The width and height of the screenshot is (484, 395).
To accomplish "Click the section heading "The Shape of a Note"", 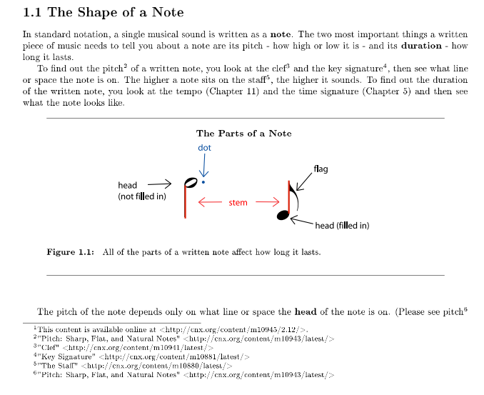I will tap(103, 12).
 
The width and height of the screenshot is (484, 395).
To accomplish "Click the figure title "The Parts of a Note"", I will tap(243, 133).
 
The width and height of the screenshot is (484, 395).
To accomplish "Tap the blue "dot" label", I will tap(204, 147).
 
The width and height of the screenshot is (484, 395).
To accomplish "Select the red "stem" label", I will tap(238, 203).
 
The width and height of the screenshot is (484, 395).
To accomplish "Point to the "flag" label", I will tap(321, 169).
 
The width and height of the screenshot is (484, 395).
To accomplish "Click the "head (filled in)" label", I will tap(342, 226).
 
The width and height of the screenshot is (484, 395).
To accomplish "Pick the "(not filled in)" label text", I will tap(142, 196).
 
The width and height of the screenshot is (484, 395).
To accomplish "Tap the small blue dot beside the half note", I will tap(203, 182).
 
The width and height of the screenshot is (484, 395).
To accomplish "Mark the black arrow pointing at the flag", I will tap(303, 181).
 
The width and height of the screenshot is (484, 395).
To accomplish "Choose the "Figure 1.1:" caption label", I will tap(70, 252).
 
